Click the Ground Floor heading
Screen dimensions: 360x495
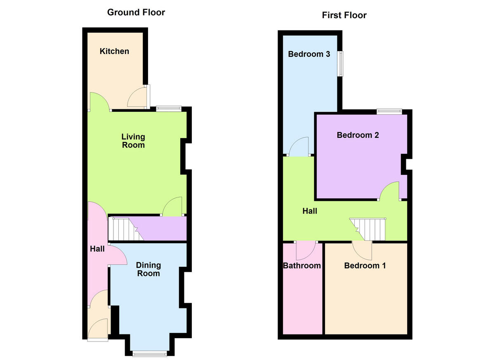tap(136, 12)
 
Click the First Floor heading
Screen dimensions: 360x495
tap(344, 16)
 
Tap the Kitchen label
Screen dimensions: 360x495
tap(114, 51)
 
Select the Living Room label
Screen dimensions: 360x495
tap(133, 141)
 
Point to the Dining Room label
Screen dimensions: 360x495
tap(148, 269)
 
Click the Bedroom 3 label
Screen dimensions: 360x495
tap(309, 54)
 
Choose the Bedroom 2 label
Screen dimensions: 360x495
tap(358, 135)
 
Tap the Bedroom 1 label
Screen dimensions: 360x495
tap(365, 266)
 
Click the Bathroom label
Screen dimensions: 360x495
tap(302, 266)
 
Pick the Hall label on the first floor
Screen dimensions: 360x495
tap(310, 211)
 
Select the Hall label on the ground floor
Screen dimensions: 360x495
tap(97, 249)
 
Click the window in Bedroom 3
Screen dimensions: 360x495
tap(341, 64)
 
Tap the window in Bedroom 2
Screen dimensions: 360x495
tap(389, 110)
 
